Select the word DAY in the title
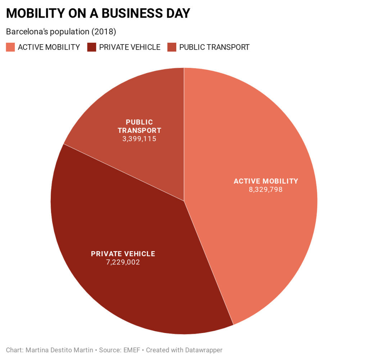click(x=176, y=13)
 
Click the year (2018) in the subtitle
click(x=104, y=32)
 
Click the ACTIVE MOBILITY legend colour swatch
click(x=10, y=47)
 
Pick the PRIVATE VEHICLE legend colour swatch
click(x=92, y=47)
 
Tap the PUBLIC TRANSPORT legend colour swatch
click(x=172, y=47)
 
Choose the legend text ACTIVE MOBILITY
click(x=49, y=47)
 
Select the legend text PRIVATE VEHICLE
click(x=130, y=47)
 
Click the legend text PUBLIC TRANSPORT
click(x=214, y=47)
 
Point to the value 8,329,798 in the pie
click(x=266, y=190)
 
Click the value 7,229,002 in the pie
click(x=123, y=262)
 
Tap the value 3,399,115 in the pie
click(x=139, y=139)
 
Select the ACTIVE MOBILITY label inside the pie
click(x=266, y=181)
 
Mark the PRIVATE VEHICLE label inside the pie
click(x=123, y=254)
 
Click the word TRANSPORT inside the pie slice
click(x=140, y=130)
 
